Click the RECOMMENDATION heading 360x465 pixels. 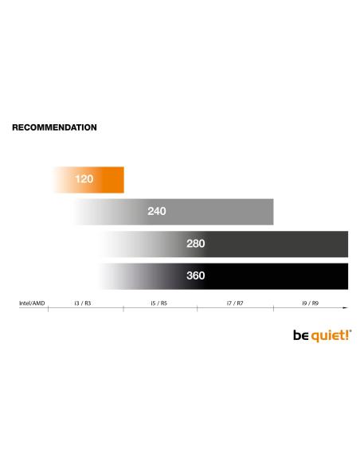54,127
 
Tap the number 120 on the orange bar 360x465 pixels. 84,179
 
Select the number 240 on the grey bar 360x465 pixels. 157,212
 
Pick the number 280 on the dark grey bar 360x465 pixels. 196,244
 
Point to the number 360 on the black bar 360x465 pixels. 195,276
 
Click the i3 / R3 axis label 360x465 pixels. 83,303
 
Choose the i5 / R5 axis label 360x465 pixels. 158,303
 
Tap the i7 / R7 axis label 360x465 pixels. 233,303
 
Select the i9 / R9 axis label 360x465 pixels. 310,303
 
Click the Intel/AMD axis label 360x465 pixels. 31,303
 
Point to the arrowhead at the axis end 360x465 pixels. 346,307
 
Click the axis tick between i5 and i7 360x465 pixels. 198,307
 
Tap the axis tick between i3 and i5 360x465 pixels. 123,307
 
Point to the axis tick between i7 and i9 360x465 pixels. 272,307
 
